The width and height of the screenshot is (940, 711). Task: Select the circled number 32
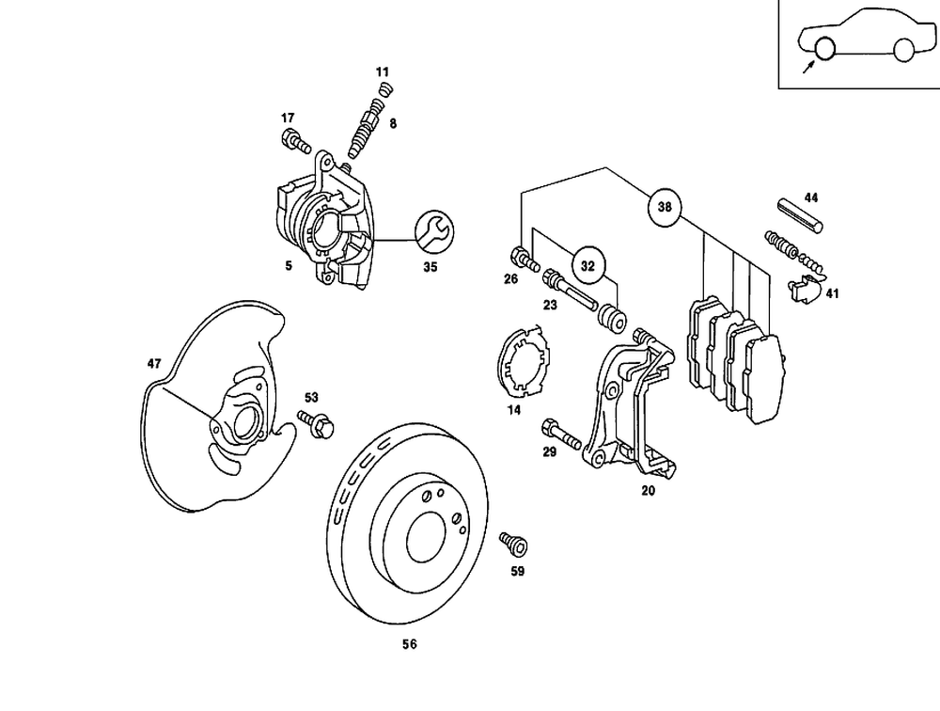pos(587,266)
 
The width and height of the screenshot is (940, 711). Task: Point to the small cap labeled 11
pos(383,91)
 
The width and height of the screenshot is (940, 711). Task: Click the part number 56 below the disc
pos(409,644)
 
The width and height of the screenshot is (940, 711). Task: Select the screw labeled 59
pos(513,543)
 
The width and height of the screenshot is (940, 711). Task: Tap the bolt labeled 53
pos(315,422)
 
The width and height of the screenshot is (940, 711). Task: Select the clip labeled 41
pos(803,289)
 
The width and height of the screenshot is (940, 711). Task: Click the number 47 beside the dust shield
pos(155,363)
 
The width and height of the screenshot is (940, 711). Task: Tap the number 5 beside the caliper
pos(289,266)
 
